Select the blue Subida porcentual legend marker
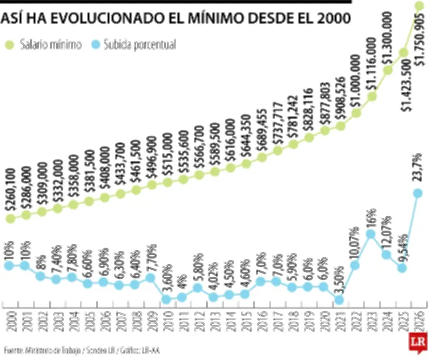click(x=95, y=45)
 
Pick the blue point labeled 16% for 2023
click(x=371, y=234)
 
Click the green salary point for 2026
click(x=419, y=6)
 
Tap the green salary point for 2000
click(x=9, y=218)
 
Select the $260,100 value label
click(x=9, y=190)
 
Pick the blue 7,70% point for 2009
click(x=151, y=277)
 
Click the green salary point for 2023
click(x=372, y=96)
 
